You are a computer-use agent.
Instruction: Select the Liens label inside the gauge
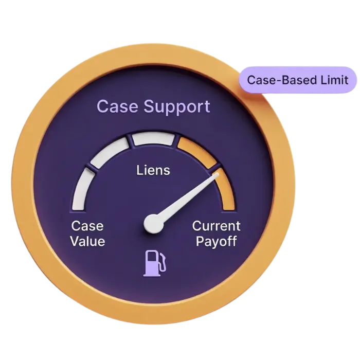click(x=153, y=170)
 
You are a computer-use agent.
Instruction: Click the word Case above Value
click(x=87, y=226)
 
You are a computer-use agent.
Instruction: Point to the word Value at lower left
click(x=87, y=241)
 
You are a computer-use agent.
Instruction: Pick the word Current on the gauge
click(x=216, y=226)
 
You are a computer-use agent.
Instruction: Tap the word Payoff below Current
click(x=216, y=241)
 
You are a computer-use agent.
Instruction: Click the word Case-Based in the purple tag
click(x=280, y=80)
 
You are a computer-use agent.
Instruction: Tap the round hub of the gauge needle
click(x=153, y=223)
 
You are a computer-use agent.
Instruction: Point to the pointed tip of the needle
click(x=218, y=174)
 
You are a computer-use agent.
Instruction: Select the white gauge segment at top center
click(x=153, y=138)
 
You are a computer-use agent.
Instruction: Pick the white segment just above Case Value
click(x=83, y=190)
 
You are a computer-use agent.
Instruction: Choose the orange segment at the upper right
click(x=197, y=151)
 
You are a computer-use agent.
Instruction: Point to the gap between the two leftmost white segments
click(x=90, y=168)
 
